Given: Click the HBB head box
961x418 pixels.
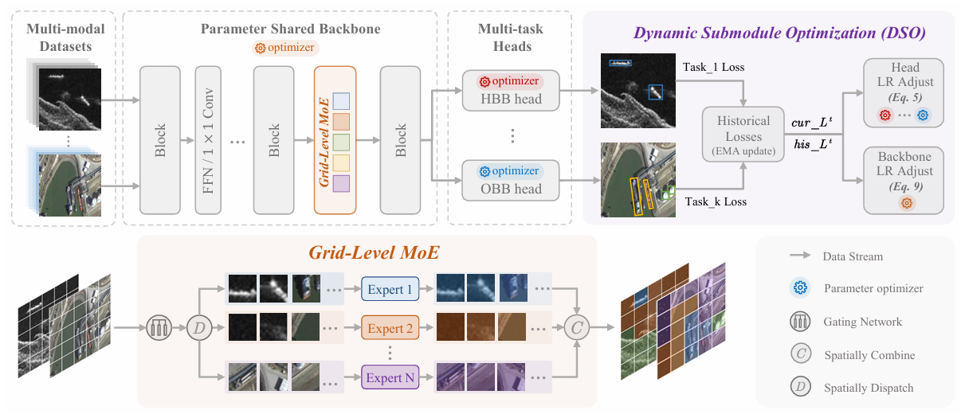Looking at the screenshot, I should pos(510,90).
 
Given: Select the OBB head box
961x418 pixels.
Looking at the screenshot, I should pos(510,180).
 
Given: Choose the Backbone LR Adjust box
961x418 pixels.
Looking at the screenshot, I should pos(904,179).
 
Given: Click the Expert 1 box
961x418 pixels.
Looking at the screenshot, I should pos(390,289).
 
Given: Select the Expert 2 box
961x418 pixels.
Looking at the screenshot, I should pos(390,328).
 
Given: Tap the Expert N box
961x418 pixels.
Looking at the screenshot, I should pos(390,377).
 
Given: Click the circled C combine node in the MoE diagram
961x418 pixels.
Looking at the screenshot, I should pos(575,326).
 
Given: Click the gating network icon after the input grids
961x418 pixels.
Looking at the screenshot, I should pos(159,326).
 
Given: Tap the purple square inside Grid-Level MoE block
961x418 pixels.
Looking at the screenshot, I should pos(340,184).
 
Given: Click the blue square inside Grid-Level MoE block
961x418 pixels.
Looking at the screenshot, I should pos(340,101).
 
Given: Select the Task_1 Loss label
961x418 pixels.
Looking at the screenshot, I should pos(713,67).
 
